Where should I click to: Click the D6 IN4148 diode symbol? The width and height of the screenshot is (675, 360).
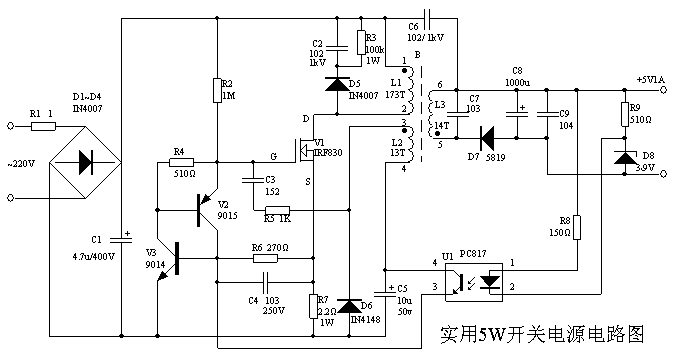(347, 305)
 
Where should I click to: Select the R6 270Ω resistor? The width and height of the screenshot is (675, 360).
(269, 257)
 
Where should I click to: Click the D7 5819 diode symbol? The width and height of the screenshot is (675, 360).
(488, 136)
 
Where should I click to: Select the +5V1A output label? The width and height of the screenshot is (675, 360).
(650, 79)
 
